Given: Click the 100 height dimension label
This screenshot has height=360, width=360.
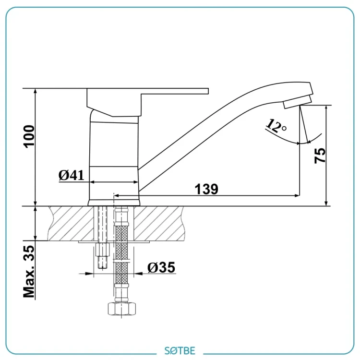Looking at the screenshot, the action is tap(29, 136).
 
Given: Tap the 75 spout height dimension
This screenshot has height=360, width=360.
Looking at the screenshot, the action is tap(320, 156).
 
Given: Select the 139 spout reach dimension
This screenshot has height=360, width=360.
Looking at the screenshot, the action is tap(206, 189).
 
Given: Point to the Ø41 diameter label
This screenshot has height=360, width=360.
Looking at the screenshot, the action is tap(72, 175).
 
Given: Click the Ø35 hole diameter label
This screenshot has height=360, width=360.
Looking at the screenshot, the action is tap(161, 267).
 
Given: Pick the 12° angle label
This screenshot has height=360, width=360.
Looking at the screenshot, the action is tap(276, 126).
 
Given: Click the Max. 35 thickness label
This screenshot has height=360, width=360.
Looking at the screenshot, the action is tap(29, 272).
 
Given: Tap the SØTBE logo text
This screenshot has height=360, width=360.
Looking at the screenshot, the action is tap(180, 350).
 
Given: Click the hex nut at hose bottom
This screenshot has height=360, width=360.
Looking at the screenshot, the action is tap(122, 309).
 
